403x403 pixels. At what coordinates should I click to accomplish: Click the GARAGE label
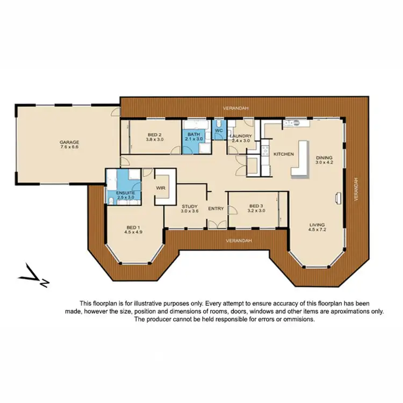(x=69, y=142)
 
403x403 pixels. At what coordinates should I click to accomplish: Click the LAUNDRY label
(x=240, y=136)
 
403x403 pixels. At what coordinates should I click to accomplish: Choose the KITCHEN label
(x=283, y=154)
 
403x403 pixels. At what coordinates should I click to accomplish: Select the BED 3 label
(x=256, y=206)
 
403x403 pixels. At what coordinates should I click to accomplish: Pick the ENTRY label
(x=216, y=208)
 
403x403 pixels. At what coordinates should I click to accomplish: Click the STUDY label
(x=190, y=206)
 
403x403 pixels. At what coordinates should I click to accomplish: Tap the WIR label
(x=160, y=188)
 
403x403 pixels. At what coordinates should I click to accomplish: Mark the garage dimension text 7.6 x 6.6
(x=69, y=147)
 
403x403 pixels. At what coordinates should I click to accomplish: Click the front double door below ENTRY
(x=216, y=224)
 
